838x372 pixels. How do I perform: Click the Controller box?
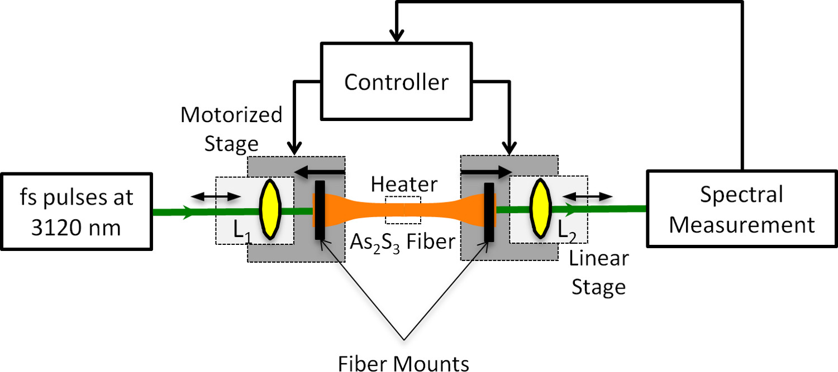click(396, 82)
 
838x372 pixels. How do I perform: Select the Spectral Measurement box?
click(741, 209)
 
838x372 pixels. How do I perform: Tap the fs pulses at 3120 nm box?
click(78, 212)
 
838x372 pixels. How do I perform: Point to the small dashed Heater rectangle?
click(403, 205)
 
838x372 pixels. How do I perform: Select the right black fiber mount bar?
click(489, 211)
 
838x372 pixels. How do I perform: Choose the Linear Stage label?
click(598, 273)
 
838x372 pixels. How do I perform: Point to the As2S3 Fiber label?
click(403, 241)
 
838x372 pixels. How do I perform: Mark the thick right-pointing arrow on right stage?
click(486, 169)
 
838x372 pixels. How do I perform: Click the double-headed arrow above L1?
click(216, 197)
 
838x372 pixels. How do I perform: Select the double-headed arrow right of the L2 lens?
click(587, 196)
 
